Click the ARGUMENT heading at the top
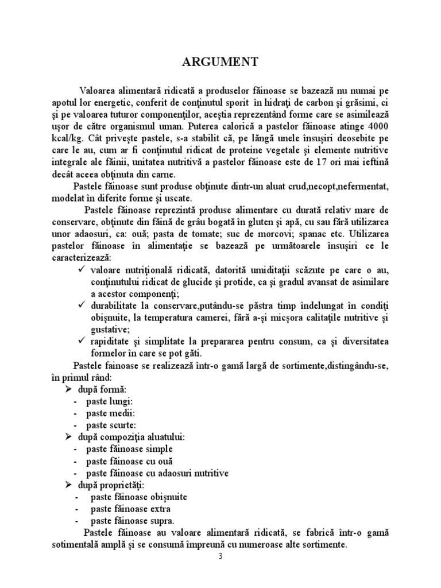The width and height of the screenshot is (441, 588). tap(220, 61)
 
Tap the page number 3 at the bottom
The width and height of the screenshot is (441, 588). tap(220, 556)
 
